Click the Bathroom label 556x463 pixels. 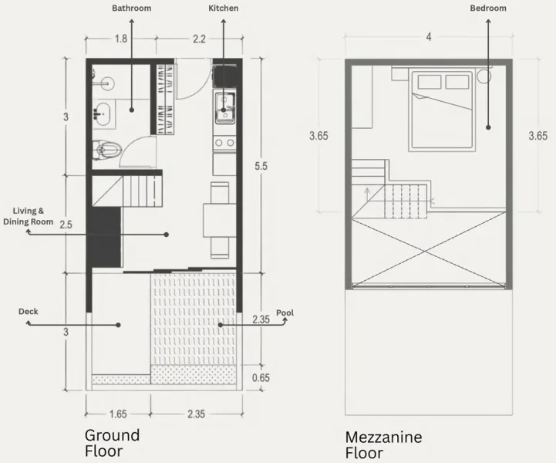[x=132, y=8]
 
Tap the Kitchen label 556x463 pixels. [x=224, y=8]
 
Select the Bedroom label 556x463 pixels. [x=488, y=8]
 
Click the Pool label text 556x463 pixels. [x=285, y=313]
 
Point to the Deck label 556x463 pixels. [x=29, y=312]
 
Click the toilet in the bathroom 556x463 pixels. [x=107, y=150]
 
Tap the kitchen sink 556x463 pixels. [x=224, y=108]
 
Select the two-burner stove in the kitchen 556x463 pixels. [x=225, y=143]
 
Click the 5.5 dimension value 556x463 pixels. [x=261, y=166]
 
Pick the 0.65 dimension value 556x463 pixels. [x=261, y=378]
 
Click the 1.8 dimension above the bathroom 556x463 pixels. [x=121, y=39]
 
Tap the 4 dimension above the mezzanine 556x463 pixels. [x=429, y=37]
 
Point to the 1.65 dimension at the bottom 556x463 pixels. [x=118, y=414]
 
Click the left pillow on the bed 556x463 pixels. [x=430, y=82]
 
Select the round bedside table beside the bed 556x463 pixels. [x=484, y=76]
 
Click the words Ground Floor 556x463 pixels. [x=112, y=443]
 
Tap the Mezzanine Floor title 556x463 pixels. [x=384, y=445]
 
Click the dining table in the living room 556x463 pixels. [x=220, y=221]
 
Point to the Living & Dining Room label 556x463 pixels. [x=29, y=216]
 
